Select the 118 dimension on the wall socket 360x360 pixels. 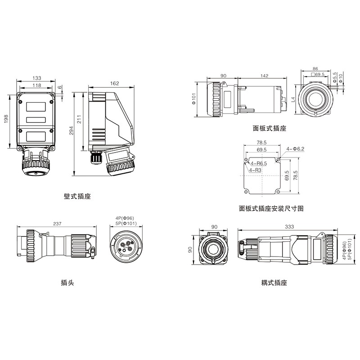(x=37, y=85)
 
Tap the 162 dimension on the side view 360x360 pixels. (x=114, y=83)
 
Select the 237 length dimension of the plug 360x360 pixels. (x=57, y=223)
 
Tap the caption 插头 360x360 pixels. (x=67, y=283)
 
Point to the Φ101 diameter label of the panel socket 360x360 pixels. (x=194, y=99)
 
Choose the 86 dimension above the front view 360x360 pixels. (x=315, y=69)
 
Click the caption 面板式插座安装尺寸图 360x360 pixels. (x=272, y=208)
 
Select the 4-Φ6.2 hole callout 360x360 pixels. (x=296, y=148)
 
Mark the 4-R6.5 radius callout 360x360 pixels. (x=259, y=163)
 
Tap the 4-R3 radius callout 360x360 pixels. (x=255, y=171)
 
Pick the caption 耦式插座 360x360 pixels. (x=274, y=283)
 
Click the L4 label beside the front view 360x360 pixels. (x=293, y=99)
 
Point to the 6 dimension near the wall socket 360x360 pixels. (x=60, y=88)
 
